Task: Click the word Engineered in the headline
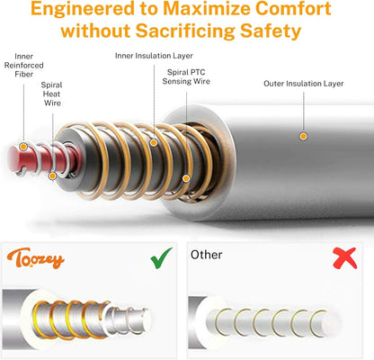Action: coord(83,9)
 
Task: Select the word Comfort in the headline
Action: coord(294,9)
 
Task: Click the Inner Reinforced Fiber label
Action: coord(23,65)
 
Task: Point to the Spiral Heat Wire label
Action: coord(52,94)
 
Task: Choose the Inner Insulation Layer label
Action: coord(154,56)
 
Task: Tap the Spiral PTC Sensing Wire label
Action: coord(186,76)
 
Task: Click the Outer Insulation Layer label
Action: coord(304,84)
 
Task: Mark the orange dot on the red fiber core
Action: coord(23,147)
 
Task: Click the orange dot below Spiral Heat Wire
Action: coord(52,176)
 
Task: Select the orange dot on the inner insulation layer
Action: coord(154,143)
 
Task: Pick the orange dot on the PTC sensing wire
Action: coord(186,178)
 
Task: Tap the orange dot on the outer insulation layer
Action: coord(303,137)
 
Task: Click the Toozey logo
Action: coord(36,258)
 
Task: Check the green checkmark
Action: coord(161,258)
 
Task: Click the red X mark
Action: coord(345,258)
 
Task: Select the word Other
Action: coord(207,255)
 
